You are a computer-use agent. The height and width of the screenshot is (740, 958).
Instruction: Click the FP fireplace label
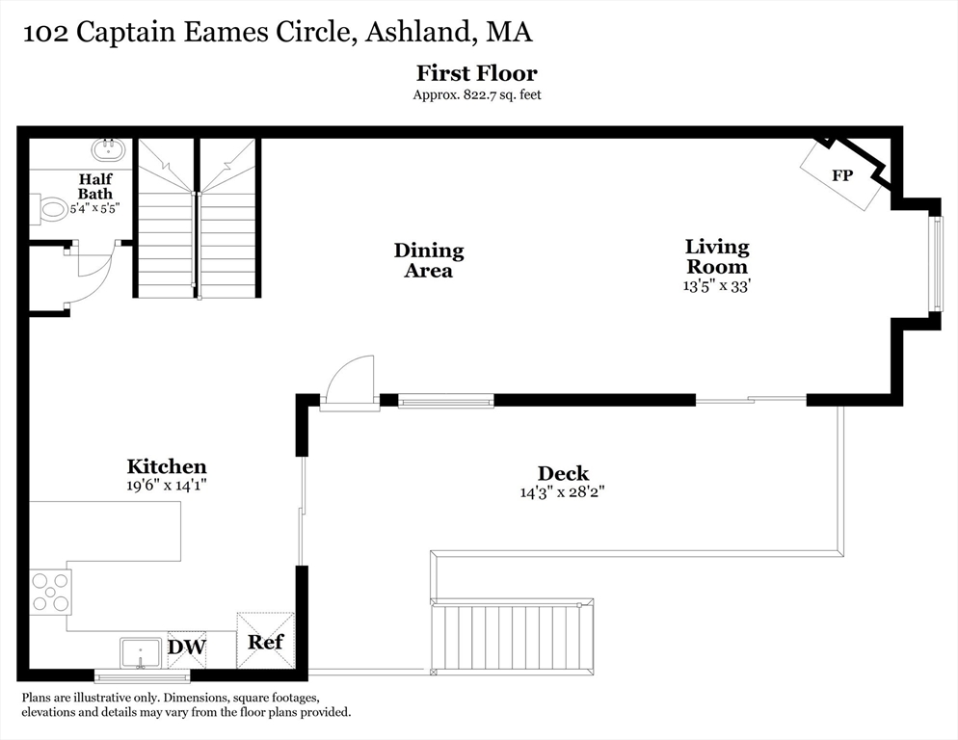[841, 176]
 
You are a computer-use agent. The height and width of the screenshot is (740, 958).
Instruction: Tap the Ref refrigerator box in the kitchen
[265, 641]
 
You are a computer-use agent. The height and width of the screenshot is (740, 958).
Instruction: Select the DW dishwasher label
[187, 647]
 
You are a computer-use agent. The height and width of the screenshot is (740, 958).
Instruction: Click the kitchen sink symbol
[140, 652]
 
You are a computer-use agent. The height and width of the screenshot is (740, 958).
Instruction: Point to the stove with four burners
[50, 592]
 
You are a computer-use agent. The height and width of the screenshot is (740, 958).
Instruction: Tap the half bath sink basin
[108, 149]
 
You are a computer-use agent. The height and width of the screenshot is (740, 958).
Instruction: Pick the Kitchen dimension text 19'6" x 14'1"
[167, 486]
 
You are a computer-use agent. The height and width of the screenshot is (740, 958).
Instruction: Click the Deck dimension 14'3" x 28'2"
[563, 491]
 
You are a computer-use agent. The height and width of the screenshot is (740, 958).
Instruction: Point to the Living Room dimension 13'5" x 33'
[716, 285]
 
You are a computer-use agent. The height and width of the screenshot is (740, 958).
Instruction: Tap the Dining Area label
[429, 260]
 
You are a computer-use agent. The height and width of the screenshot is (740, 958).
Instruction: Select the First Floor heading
[476, 73]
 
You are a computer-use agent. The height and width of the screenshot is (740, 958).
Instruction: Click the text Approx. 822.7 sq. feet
[476, 94]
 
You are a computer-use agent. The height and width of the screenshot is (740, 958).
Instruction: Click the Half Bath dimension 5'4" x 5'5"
[94, 208]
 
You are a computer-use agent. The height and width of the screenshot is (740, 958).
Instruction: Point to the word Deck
[563, 473]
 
